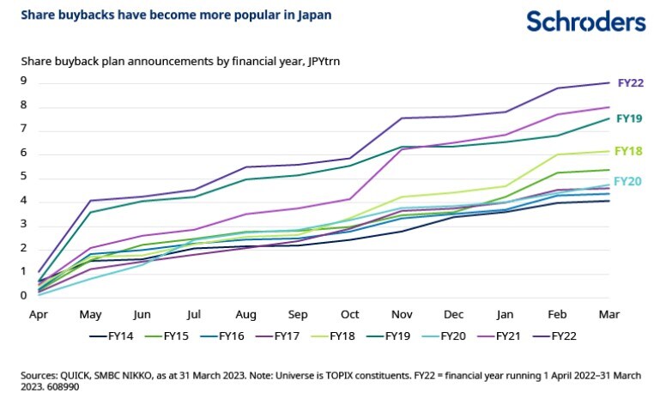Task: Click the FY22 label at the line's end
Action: click(630, 84)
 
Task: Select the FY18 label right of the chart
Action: click(630, 151)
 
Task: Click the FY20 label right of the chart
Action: click(630, 181)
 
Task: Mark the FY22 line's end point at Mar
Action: click(609, 83)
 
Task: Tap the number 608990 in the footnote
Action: click(50, 386)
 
